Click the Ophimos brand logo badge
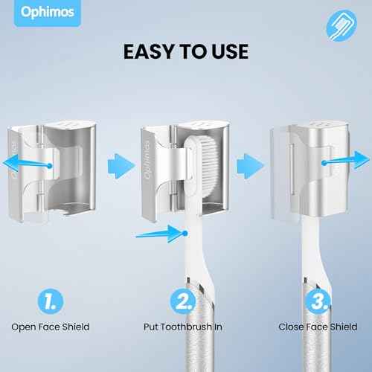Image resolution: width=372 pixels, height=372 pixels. click(x=47, y=13)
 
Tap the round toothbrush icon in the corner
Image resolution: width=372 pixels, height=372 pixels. click(x=341, y=25)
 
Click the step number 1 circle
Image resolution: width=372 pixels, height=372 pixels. click(x=51, y=301)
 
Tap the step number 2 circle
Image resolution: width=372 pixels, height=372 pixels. click(x=183, y=301)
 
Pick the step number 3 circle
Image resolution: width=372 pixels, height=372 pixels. click(x=318, y=301)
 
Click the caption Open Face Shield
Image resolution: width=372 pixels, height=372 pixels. click(x=51, y=327)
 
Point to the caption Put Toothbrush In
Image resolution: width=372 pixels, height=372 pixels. click(x=183, y=327)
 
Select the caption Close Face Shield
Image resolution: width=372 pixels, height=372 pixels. click(x=318, y=327)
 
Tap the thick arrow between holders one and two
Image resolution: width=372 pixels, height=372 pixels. click(x=121, y=166)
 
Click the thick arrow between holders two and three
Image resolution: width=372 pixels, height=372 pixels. click(x=251, y=166)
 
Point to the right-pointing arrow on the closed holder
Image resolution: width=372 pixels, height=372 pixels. click(x=345, y=161)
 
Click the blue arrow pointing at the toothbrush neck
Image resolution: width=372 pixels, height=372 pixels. click(x=161, y=234)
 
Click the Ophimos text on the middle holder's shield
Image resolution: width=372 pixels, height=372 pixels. click(x=148, y=160)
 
